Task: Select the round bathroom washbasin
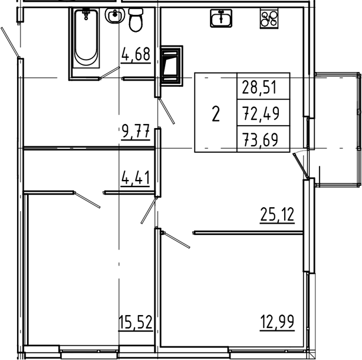point(114,18)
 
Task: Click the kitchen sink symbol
point(221,19)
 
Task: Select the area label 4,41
point(136,176)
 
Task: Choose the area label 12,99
point(277,322)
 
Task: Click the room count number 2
point(216,113)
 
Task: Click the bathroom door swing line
point(108,73)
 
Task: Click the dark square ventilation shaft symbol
point(172,63)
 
